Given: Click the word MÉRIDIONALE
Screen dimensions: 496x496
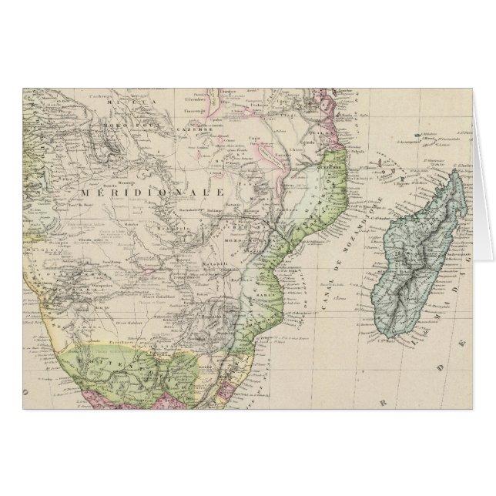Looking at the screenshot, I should tap(152, 191).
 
